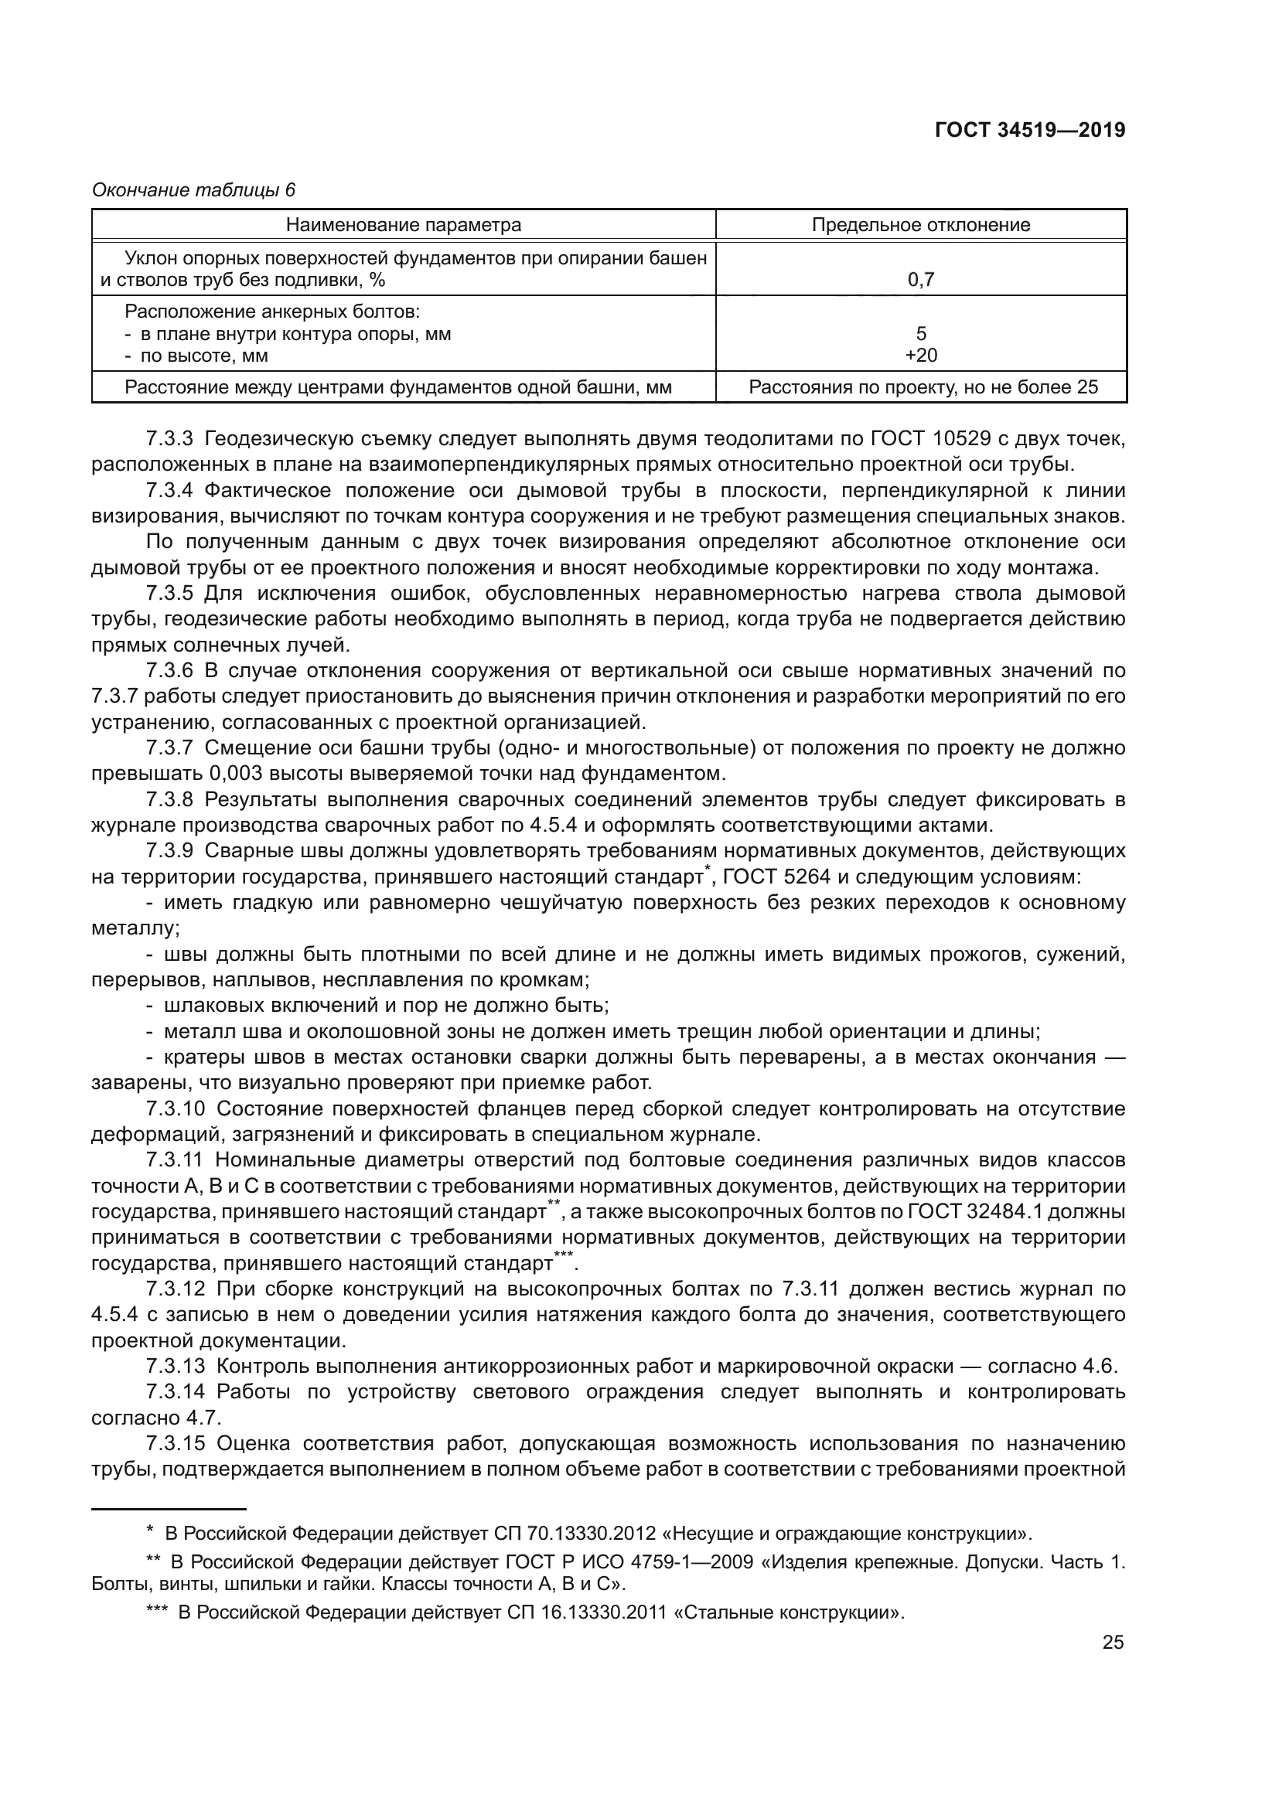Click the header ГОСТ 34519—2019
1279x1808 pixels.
[x=1029, y=130]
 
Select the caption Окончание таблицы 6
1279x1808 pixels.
[x=194, y=190]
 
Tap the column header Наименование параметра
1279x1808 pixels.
[x=403, y=225]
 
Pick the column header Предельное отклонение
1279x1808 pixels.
[x=921, y=225]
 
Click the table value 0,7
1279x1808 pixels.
[x=921, y=280]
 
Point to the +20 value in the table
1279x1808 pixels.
[x=921, y=356]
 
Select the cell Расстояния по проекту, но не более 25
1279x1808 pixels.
[x=923, y=387]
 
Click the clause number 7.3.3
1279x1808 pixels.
[x=169, y=438]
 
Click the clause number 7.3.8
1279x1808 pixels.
[x=169, y=800]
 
